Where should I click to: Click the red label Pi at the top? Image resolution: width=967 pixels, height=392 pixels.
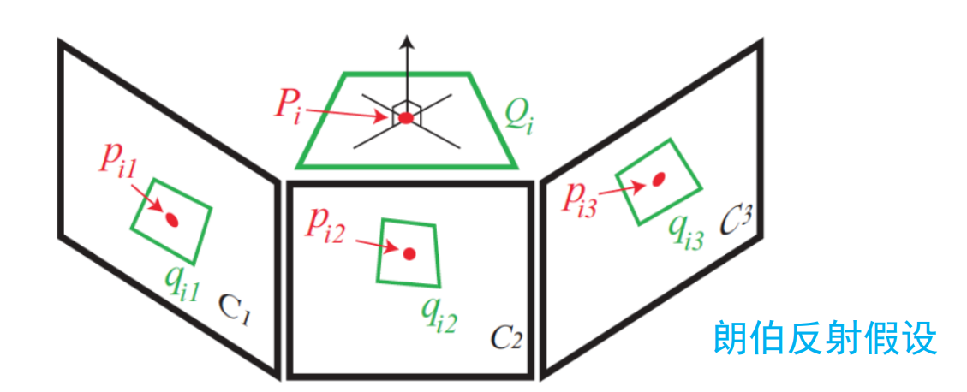286,105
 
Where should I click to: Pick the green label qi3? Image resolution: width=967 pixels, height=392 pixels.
687,229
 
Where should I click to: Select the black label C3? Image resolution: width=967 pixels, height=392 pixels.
734,219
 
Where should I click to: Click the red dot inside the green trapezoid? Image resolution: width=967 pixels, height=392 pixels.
406,117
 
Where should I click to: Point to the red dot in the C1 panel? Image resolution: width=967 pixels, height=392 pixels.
171,220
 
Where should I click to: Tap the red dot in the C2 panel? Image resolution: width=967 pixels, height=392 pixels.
409,253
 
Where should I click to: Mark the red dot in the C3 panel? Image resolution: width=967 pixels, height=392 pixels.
659,180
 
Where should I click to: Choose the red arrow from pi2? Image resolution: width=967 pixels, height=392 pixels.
375,246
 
